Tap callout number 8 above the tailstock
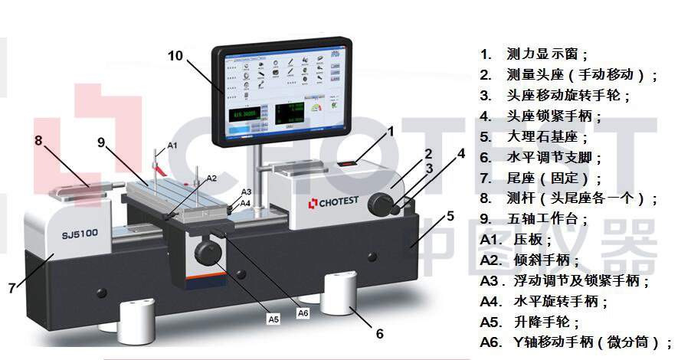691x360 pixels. pos(38,140)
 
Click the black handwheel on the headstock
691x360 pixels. pos(379,204)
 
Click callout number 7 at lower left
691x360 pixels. pos(11,288)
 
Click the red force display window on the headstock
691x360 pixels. pos(346,163)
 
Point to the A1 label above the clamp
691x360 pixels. pos(172,145)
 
